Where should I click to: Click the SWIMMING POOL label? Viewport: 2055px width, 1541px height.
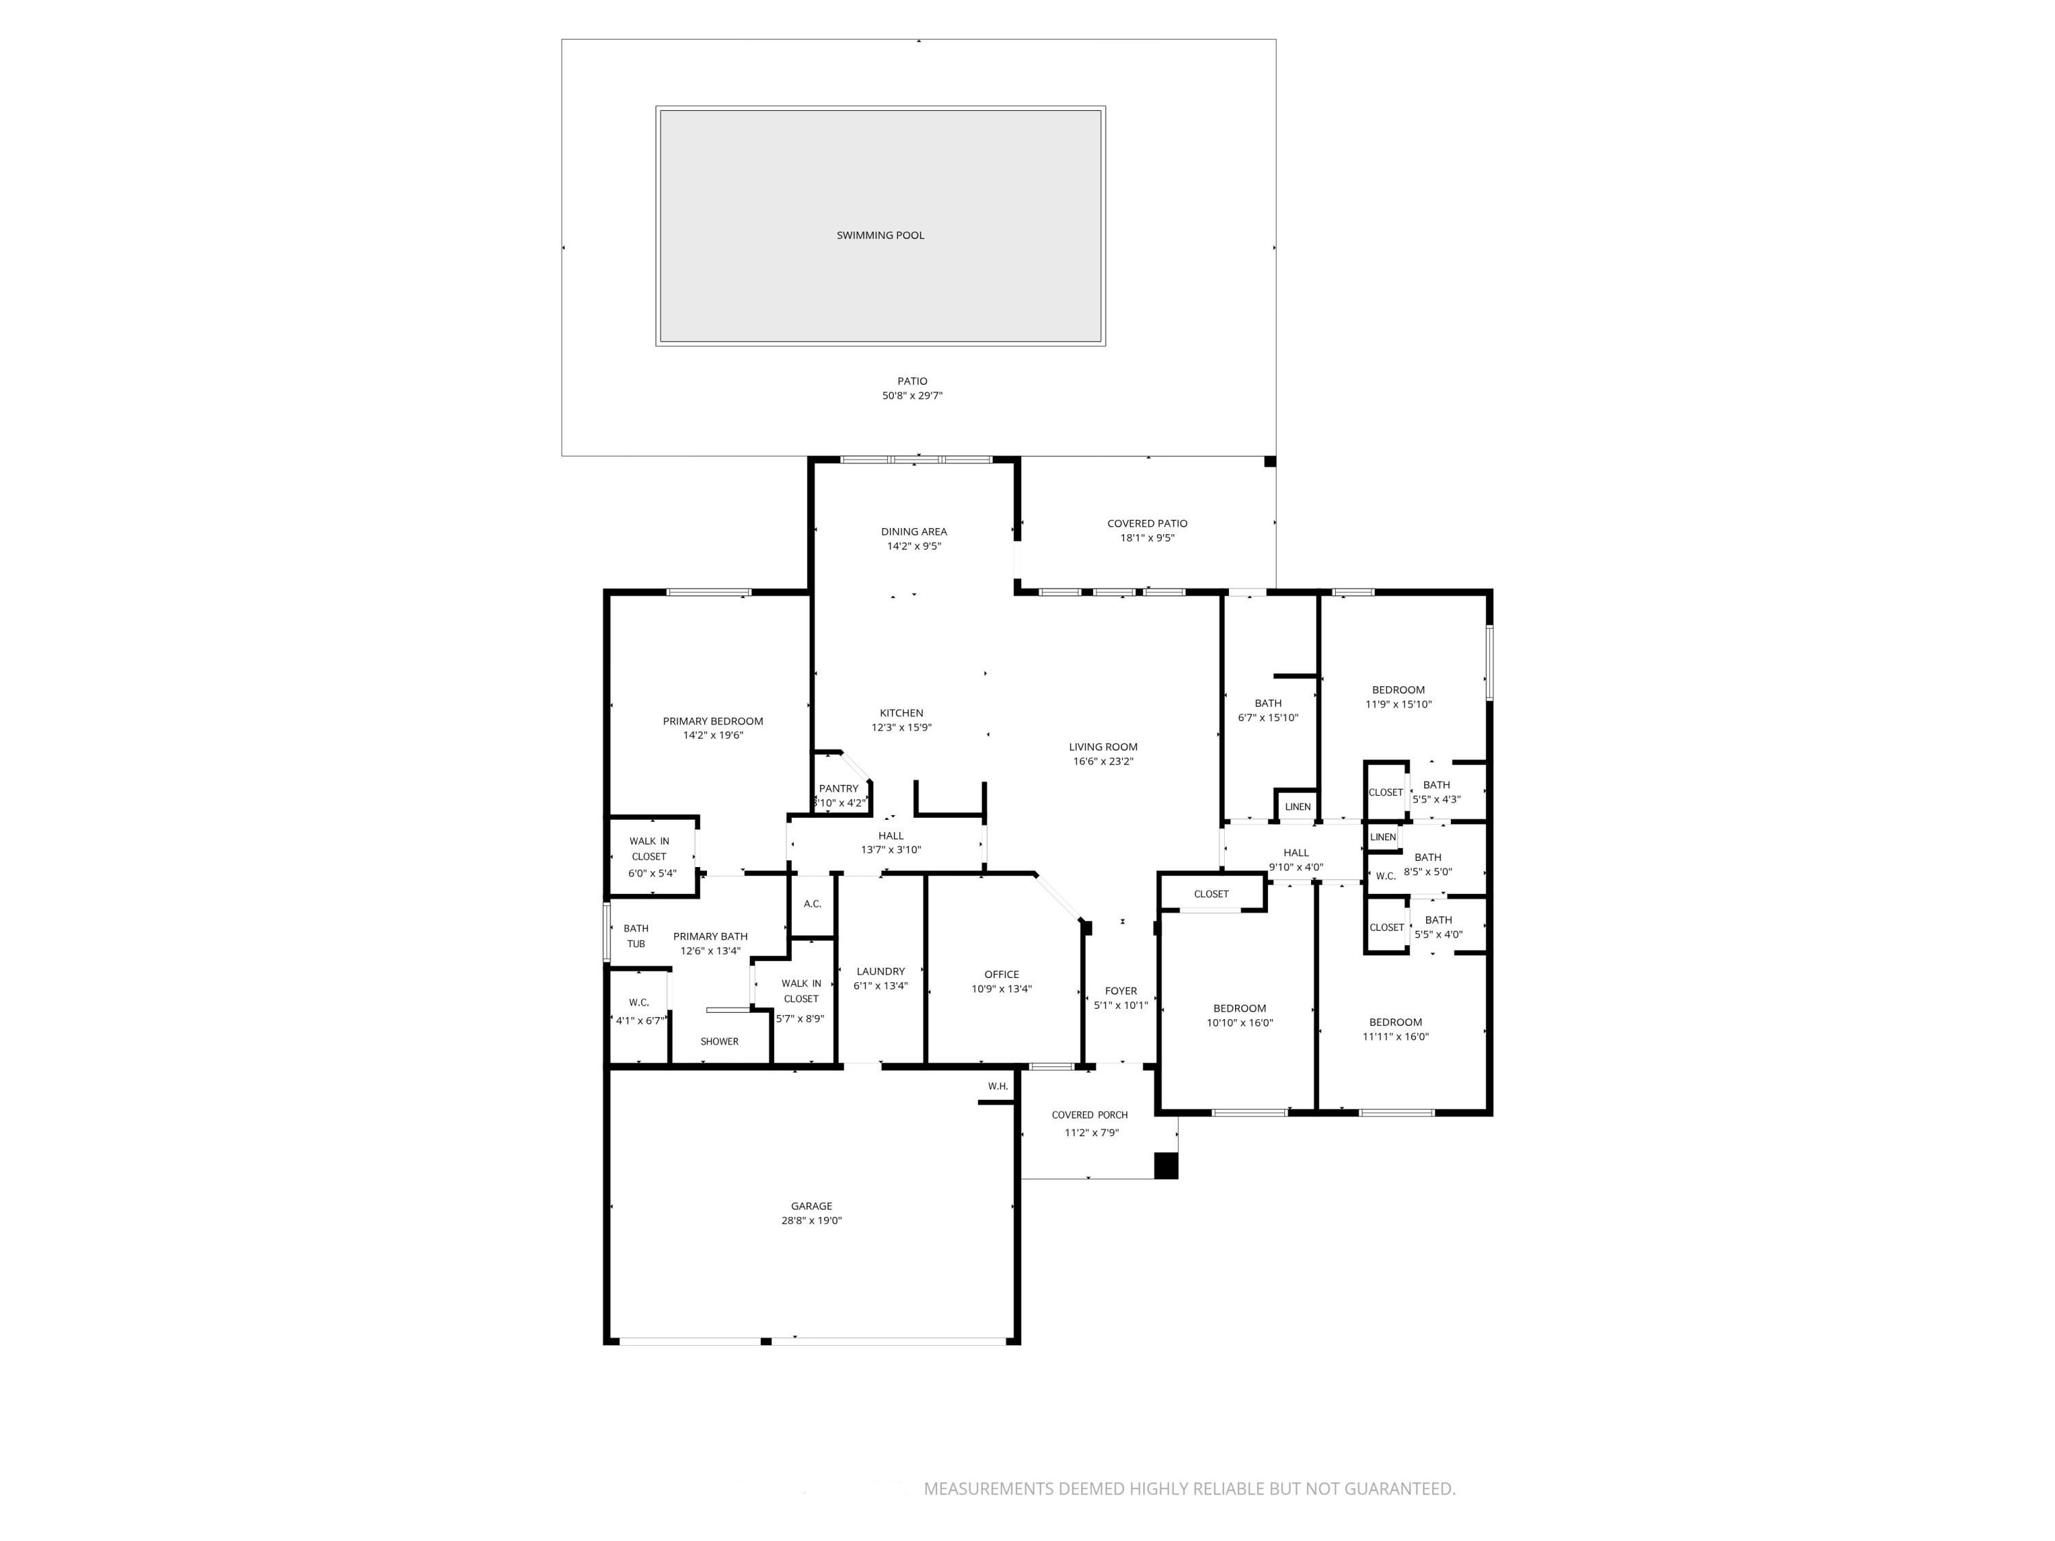click(x=880, y=236)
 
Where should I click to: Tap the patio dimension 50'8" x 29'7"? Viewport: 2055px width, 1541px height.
click(x=912, y=396)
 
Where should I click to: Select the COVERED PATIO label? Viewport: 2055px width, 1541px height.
click(x=1147, y=524)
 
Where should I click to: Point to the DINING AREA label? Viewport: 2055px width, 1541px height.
click(x=914, y=532)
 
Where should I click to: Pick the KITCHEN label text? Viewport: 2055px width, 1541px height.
click(x=901, y=714)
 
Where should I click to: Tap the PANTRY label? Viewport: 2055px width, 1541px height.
click(x=839, y=788)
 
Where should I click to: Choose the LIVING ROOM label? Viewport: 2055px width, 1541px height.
click(x=1103, y=747)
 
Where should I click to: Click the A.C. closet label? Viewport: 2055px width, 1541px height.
click(x=812, y=904)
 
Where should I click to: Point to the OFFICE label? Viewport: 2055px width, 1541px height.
click(x=1001, y=975)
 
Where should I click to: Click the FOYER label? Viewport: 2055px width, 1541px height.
click(x=1121, y=991)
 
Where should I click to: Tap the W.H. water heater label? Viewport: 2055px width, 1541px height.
click(x=998, y=1086)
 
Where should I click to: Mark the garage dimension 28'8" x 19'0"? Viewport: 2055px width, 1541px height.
click(x=811, y=1220)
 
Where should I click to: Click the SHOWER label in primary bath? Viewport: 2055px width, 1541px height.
click(x=719, y=1041)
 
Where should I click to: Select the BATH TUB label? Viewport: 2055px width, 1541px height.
click(x=636, y=936)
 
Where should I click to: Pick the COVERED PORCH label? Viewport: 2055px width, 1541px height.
click(x=1089, y=1114)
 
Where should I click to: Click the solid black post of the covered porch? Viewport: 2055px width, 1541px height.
click(x=1165, y=1166)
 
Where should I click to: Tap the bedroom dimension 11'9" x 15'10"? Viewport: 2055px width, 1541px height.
click(x=1397, y=704)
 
